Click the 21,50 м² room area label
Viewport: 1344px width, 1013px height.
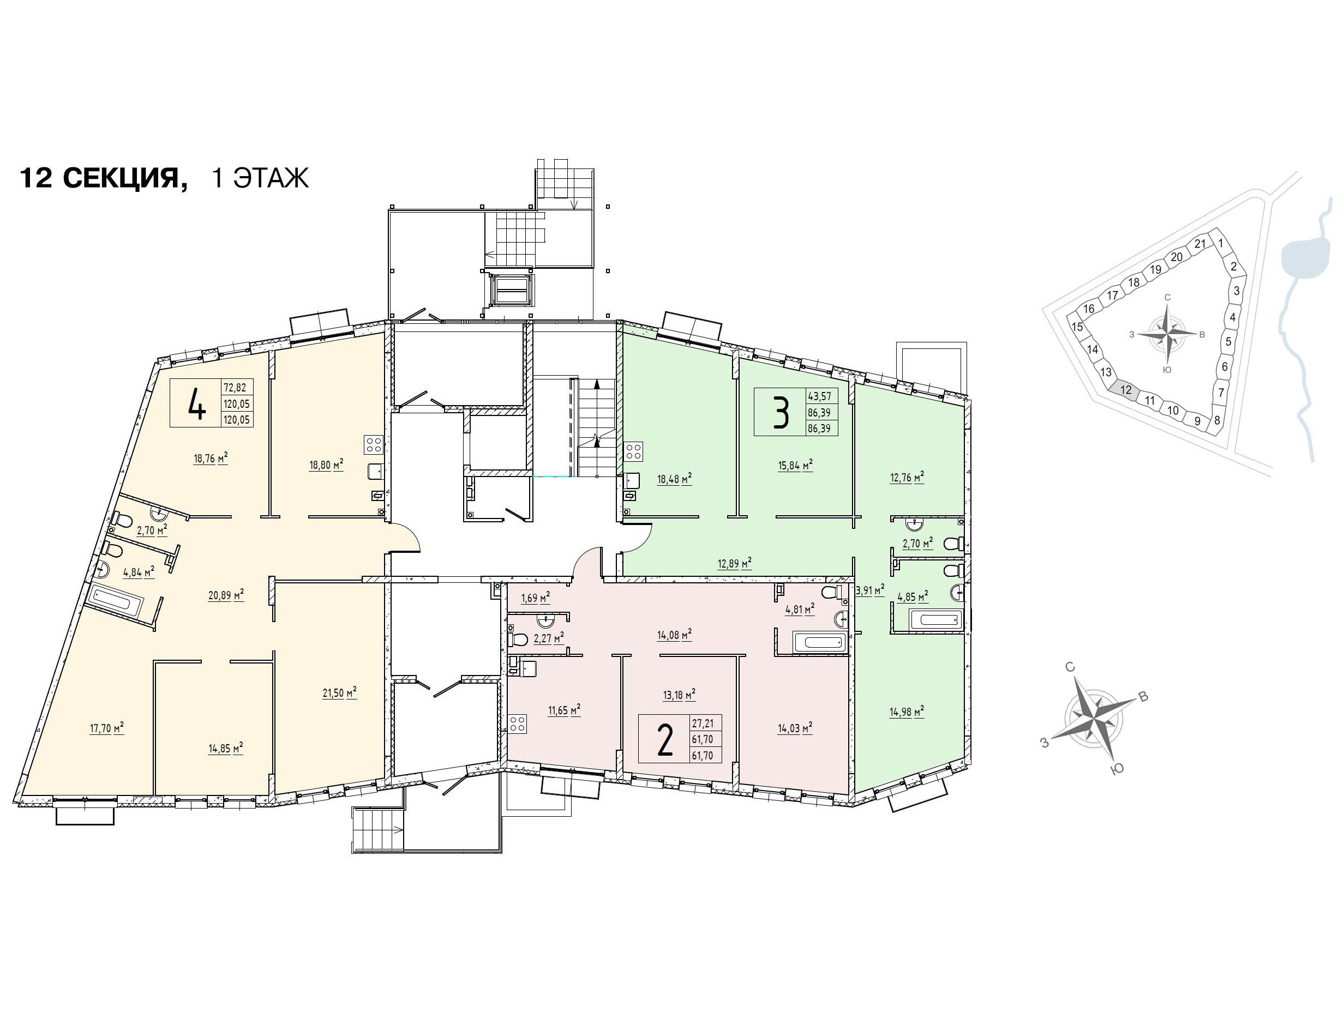coord(339,693)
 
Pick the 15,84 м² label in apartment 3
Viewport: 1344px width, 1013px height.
coord(795,465)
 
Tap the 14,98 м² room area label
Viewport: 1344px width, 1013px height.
coord(907,711)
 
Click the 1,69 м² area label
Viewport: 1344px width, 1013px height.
coord(535,598)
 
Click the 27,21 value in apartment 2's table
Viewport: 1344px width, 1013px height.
coord(703,723)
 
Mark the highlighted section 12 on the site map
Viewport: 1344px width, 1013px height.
coord(1126,390)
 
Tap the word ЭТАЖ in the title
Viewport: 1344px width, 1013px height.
coord(271,178)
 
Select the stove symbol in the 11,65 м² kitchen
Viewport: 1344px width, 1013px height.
coord(518,724)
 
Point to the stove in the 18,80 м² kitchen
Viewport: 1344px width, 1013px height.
coord(374,444)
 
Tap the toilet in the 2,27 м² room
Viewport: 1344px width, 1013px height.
coord(518,640)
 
